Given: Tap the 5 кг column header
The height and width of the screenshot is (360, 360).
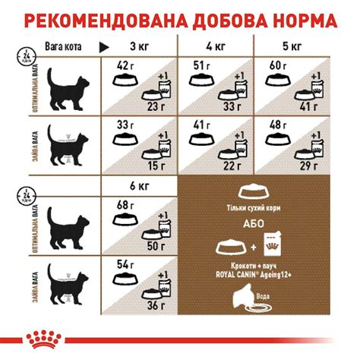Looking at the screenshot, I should (x=292, y=48).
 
